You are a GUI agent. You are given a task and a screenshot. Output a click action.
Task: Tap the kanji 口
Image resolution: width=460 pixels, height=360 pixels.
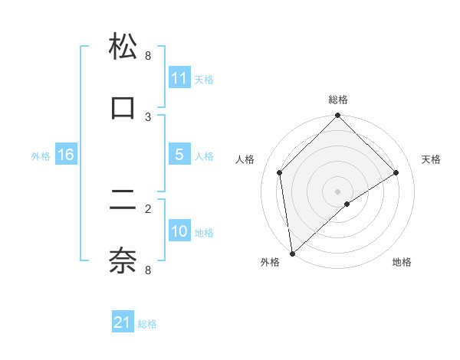123,107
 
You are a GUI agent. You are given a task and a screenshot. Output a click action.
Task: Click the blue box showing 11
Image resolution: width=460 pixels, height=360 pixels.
179,78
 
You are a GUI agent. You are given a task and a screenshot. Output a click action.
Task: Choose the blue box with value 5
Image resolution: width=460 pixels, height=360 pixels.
179,155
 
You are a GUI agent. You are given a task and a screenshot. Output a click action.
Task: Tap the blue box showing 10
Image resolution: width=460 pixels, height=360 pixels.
179,231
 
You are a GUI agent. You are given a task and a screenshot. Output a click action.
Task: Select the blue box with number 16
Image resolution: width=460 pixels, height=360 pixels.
66,155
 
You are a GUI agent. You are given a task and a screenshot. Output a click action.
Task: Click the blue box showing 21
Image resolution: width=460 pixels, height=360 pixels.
123,322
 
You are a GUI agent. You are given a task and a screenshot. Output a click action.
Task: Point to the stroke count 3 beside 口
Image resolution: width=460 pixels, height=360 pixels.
148,116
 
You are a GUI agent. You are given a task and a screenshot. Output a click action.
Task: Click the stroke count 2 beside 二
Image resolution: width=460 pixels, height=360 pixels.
148,208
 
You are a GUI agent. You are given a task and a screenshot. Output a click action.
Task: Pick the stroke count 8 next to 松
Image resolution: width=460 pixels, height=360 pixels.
148,55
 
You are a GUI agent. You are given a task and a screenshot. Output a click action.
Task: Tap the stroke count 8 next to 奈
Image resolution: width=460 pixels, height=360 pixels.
148,270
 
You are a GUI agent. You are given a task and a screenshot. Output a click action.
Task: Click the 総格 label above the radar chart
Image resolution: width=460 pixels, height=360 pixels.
338,100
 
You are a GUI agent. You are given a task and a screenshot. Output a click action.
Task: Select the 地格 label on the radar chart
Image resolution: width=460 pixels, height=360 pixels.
402,262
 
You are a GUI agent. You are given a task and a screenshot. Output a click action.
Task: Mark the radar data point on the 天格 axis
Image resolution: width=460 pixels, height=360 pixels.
396,172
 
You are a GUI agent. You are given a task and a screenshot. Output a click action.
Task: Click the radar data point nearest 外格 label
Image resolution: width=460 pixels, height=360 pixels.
291,254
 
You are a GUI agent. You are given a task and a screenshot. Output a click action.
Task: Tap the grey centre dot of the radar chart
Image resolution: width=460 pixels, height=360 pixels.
338,191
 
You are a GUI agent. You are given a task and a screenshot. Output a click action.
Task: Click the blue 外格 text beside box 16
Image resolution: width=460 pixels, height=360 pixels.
41,156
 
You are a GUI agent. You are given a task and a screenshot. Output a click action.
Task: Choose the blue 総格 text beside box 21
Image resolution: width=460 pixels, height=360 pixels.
147,324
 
